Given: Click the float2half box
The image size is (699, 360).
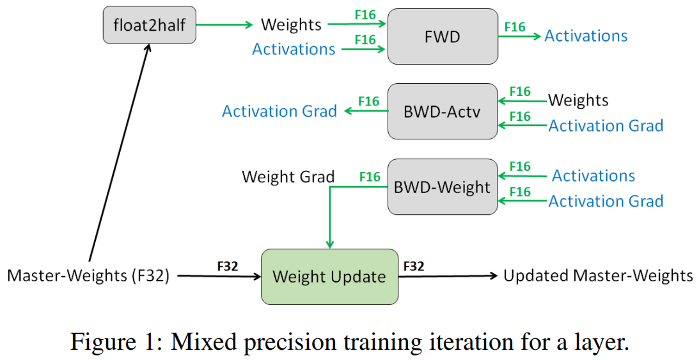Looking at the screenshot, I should click(150, 26).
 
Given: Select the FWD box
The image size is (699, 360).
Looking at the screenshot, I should click(443, 36).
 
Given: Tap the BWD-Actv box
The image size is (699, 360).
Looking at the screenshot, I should click(443, 111).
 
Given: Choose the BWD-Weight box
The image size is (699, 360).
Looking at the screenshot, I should click(443, 187).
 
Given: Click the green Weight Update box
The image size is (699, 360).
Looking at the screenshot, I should click(329, 276).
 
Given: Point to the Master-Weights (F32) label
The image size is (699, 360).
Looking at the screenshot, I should click(88, 276).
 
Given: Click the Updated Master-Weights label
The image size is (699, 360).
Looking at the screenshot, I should click(598, 276).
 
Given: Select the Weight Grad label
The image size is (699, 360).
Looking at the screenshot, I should click(288, 176).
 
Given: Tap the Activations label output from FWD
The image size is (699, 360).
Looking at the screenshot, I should click(586, 36).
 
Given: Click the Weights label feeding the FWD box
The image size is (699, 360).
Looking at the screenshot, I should click(291, 25).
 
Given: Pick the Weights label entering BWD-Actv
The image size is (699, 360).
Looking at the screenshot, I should click(578, 100).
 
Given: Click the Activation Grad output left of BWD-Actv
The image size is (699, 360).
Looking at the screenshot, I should click(279, 111).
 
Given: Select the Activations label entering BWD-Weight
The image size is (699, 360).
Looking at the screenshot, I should click(593, 176).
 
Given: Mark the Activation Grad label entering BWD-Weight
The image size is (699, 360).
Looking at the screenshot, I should click(606, 201).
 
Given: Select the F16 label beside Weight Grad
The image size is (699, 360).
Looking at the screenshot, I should click(370, 176).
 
